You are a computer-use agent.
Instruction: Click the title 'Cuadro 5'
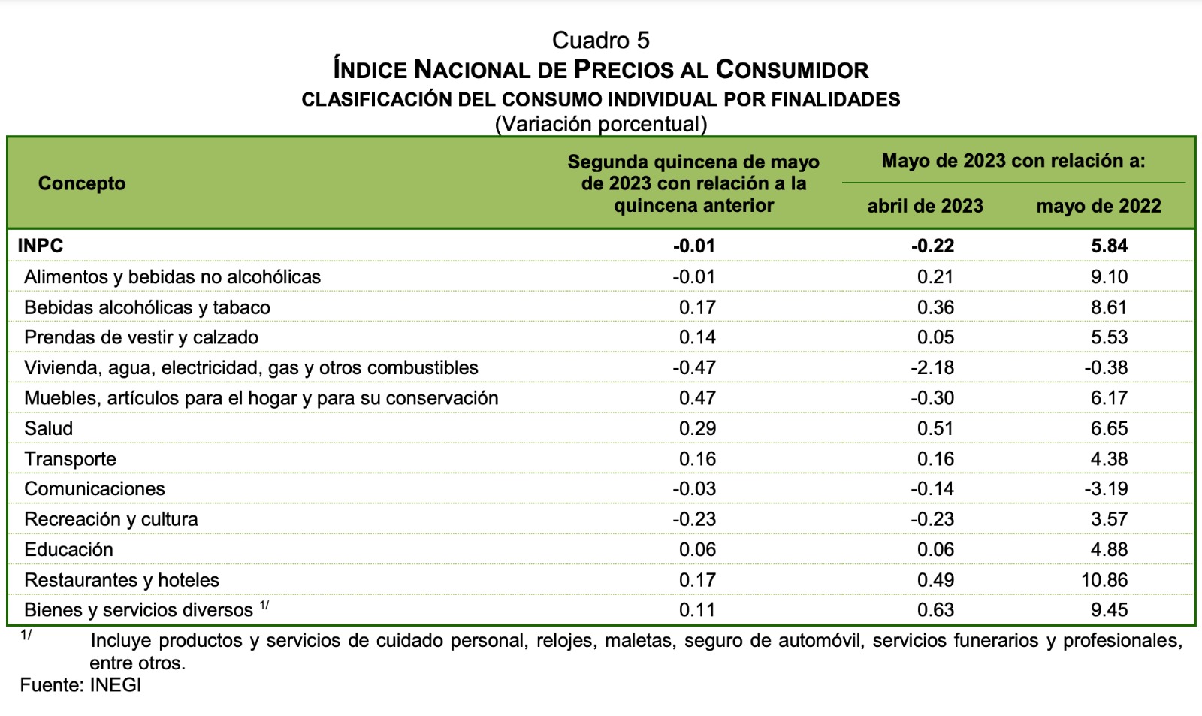click(x=600, y=40)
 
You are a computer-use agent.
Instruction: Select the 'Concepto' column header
click(x=82, y=183)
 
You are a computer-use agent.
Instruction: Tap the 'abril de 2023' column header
click(x=925, y=206)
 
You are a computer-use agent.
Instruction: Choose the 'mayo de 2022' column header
click(x=1098, y=206)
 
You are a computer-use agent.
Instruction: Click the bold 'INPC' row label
click(x=41, y=246)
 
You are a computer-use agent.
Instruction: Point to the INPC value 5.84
click(x=1109, y=246)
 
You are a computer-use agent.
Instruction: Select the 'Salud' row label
click(x=49, y=428)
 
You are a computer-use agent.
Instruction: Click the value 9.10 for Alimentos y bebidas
click(x=1109, y=276)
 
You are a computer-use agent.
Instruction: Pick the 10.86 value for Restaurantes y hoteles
click(x=1105, y=580)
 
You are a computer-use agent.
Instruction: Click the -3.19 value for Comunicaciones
click(x=1106, y=488)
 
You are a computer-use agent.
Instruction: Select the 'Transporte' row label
click(x=70, y=458)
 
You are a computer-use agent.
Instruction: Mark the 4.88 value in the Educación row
click(x=1109, y=549)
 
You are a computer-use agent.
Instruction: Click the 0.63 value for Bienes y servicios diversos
click(x=935, y=610)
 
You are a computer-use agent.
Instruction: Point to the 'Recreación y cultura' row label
click(x=111, y=519)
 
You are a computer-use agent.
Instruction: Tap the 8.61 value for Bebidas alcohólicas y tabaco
click(x=1109, y=307)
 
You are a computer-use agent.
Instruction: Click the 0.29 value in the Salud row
click(x=697, y=428)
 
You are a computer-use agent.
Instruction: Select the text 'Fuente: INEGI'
click(x=80, y=685)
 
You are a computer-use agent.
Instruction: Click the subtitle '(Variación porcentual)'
click(x=600, y=124)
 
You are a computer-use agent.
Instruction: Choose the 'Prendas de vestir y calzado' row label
click(x=141, y=337)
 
